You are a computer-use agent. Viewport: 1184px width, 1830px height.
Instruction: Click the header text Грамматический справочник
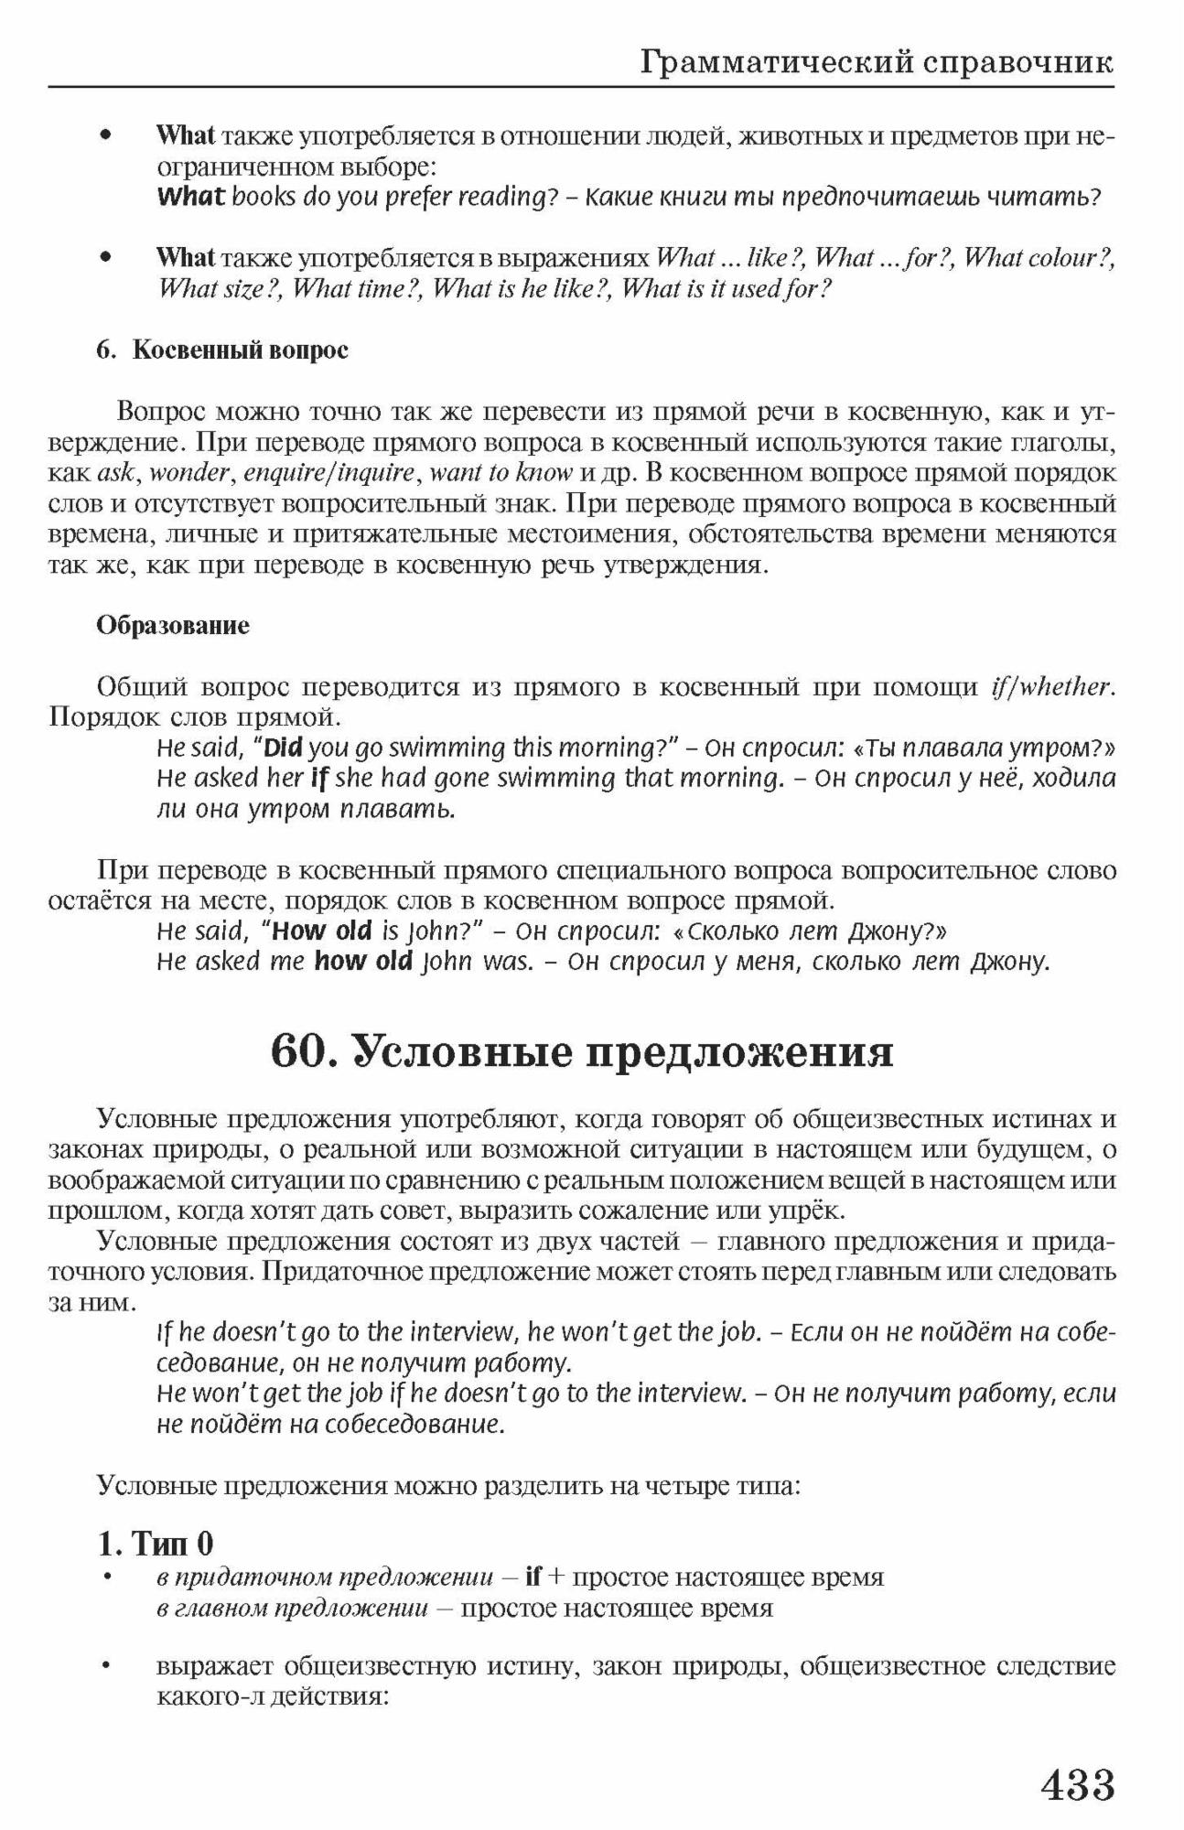point(877,62)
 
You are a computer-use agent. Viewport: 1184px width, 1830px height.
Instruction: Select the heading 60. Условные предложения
point(582,1051)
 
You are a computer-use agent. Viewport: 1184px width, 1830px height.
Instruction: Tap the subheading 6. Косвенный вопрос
point(222,350)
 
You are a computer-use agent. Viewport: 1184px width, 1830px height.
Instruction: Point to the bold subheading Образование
point(173,626)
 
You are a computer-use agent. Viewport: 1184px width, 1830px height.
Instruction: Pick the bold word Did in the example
point(284,748)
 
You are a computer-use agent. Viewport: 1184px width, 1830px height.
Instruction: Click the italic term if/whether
point(1051,686)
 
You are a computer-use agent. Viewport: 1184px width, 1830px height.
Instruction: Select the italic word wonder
point(189,473)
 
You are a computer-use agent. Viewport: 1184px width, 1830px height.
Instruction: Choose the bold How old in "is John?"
point(322,931)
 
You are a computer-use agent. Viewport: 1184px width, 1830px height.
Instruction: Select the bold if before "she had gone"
point(318,779)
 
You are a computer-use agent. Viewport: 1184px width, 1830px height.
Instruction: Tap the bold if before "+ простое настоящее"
point(534,1577)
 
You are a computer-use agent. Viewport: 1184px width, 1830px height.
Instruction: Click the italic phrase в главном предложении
point(292,1608)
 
